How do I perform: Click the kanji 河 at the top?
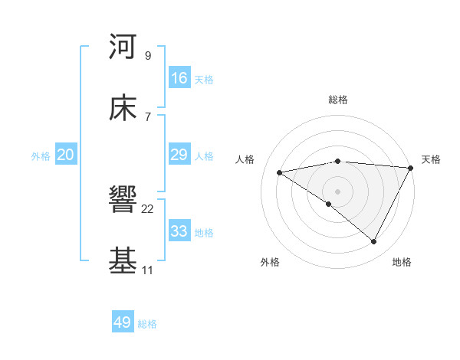point(123,47)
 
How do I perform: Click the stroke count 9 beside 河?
point(147,55)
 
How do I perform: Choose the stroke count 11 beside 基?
point(147,270)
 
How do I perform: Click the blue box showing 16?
point(179,78)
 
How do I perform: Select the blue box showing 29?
point(179,155)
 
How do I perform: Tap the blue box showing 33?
point(179,231)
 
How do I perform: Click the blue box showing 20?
point(66,155)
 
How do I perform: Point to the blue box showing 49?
point(123,322)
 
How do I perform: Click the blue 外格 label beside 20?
point(41,155)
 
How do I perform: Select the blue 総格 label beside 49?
point(147,324)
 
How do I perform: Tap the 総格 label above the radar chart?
point(338,100)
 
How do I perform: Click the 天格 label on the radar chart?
point(431,159)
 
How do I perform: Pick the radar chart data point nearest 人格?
point(280,172)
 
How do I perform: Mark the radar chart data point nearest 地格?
point(374,242)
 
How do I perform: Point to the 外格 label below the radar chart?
point(270,263)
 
